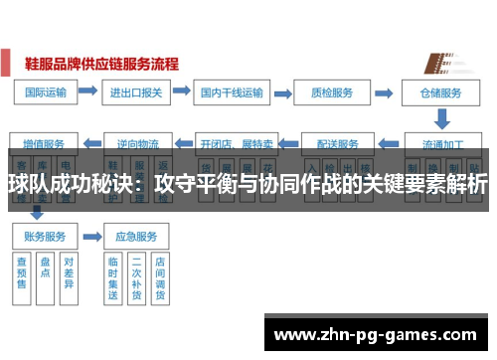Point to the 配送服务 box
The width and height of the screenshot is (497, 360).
pyautogui.click(x=335, y=141)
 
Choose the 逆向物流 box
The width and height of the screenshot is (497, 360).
pyautogui.click(x=137, y=141)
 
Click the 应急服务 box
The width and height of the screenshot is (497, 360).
pyautogui.click(x=137, y=237)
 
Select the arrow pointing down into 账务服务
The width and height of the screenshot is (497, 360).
pyautogui.click(x=37, y=212)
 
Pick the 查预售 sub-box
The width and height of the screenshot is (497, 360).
pyautogui.click(x=22, y=273)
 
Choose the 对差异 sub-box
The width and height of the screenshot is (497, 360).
pyautogui.click(x=69, y=273)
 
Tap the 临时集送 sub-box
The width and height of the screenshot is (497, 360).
pyautogui.click(x=112, y=277)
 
